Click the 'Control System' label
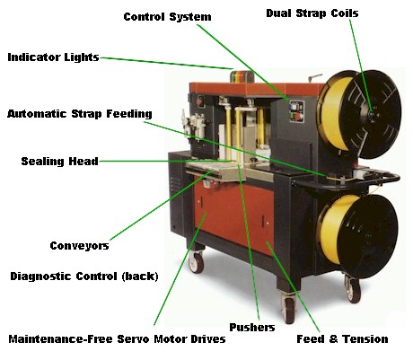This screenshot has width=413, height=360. point(167,17)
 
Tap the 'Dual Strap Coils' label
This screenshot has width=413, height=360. point(312,13)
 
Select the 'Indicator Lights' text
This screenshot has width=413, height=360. point(53,57)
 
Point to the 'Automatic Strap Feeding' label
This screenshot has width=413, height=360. point(80,114)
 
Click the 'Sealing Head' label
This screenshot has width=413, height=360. point(60,162)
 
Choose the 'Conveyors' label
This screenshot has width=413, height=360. point(79,246)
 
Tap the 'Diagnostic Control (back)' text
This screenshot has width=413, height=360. point(84,277)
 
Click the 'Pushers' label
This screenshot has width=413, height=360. point(252,328)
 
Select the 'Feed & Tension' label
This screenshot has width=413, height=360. point(342,339)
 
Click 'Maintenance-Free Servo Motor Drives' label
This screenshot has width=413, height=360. point(117,339)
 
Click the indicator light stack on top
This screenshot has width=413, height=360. point(242,76)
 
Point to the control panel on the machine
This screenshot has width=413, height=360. point(296,111)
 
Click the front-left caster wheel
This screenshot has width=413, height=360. point(197,261)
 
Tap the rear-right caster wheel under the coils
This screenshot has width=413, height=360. point(353,289)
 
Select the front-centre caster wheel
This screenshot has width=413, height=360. point(288,308)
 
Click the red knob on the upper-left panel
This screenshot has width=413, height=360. point(199,101)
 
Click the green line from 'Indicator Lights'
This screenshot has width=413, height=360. point(166,63)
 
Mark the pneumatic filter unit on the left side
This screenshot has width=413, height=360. point(194,127)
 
